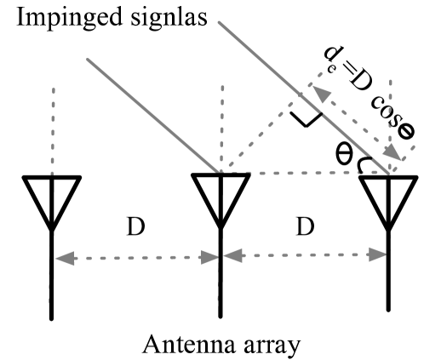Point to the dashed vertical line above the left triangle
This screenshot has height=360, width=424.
(54, 128)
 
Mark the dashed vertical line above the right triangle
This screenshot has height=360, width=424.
(391, 111)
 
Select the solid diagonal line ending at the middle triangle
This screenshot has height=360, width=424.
(153, 115)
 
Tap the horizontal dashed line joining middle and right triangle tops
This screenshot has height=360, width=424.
(307, 173)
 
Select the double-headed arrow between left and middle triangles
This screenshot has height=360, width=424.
(136, 256)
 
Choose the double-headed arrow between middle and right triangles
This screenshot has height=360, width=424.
(305, 254)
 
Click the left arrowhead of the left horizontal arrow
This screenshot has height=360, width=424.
(61, 257)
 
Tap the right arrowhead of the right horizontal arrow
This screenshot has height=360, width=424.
(381, 253)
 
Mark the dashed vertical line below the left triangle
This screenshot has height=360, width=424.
(50, 281)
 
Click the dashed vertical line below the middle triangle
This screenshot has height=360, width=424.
(219, 281)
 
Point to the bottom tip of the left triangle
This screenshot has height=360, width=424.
(52, 220)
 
